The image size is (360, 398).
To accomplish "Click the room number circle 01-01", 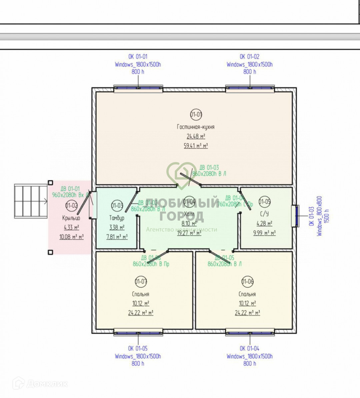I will [196, 115].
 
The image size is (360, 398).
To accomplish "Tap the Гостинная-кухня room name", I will [196, 127].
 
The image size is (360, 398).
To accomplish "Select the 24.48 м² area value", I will [196, 136].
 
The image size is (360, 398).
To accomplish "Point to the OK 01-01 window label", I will [138, 57].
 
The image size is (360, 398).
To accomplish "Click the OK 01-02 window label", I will [249, 57].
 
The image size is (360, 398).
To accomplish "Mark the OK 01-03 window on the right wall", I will [295, 216].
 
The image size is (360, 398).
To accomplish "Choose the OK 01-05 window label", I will [138, 349].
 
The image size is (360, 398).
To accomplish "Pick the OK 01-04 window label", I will [249, 349].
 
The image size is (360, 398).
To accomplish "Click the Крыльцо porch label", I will [71, 218].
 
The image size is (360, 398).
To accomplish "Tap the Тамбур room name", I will [117, 218].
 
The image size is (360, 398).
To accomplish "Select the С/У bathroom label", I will [264, 214].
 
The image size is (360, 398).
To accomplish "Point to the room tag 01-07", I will [141, 281].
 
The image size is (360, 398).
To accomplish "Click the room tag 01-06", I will [247, 281].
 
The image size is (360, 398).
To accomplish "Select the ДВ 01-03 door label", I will [209, 167].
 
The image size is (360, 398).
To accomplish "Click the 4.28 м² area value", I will [264, 224].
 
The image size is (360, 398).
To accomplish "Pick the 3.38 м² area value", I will [117, 228].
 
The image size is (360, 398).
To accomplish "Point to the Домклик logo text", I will [47, 384].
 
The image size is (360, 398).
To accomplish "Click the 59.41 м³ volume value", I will [196, 146].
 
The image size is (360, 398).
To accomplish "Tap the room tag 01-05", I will [265, 201].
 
